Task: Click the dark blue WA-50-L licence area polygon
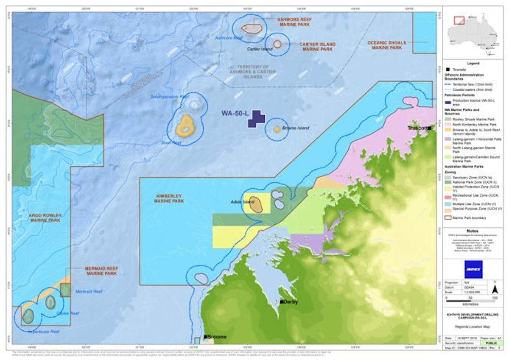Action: tap(256, 119)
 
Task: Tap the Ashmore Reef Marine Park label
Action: tap(294, 22)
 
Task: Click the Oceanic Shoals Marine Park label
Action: tap(386, 45)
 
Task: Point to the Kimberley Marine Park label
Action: tap(169, 198)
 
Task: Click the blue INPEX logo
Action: tap(473, 269)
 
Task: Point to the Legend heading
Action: tap(473, 63)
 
